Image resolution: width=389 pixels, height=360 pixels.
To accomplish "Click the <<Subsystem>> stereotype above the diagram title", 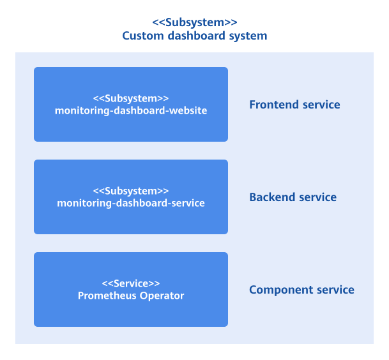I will (194, 22).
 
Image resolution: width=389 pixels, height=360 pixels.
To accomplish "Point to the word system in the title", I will (247, 36).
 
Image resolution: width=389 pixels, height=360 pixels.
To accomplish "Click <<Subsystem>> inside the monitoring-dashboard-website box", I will (130, 98).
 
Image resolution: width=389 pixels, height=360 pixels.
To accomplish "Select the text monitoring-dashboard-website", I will (130, 110).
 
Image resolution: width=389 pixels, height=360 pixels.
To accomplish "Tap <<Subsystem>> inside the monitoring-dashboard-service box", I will (130, 191).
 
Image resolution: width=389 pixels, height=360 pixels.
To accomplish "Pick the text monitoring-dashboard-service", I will (130, 203).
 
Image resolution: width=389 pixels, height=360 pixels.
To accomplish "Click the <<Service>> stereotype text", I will (130, 283).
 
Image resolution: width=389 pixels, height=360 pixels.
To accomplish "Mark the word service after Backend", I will (316, 197).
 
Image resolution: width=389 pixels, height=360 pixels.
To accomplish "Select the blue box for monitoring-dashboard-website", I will (130, 128).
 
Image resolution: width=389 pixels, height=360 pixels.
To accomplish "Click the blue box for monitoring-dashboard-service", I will (130, 220).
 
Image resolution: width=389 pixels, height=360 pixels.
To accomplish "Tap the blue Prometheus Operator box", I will (130, 313).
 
